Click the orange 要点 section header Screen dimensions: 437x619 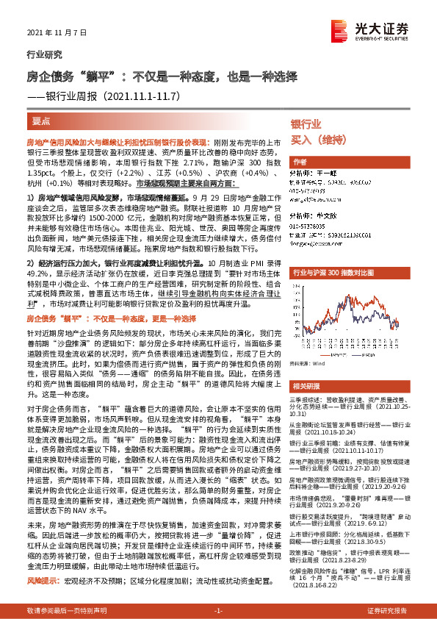click(42, 121)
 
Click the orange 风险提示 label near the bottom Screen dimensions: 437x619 click(40, 581)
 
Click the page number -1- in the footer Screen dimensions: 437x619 click(218, 611)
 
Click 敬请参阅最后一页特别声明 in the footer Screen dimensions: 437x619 click(62, 611)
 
